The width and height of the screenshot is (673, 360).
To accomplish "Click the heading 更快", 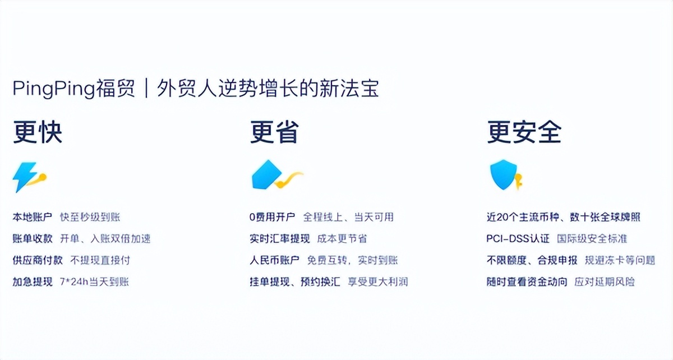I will coord(37,133).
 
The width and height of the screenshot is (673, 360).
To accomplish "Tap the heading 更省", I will coord(274,133).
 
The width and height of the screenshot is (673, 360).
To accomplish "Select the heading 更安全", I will coord(524,133).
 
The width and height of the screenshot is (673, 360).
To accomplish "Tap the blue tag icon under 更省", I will coord(266,174).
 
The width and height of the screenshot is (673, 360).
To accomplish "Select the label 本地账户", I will coord(33,217).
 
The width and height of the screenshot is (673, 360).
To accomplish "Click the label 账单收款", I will coord(33,238).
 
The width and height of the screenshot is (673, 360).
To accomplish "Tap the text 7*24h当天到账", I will coord(94,281).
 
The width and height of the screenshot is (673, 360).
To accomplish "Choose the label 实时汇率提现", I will coord(280,238).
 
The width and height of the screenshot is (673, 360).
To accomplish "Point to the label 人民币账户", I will coord(274,260).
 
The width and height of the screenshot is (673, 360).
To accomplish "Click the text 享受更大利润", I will coord(377,281).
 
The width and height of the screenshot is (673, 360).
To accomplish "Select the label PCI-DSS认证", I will coord(518,238).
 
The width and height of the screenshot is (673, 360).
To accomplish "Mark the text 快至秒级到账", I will coord(90,217).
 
